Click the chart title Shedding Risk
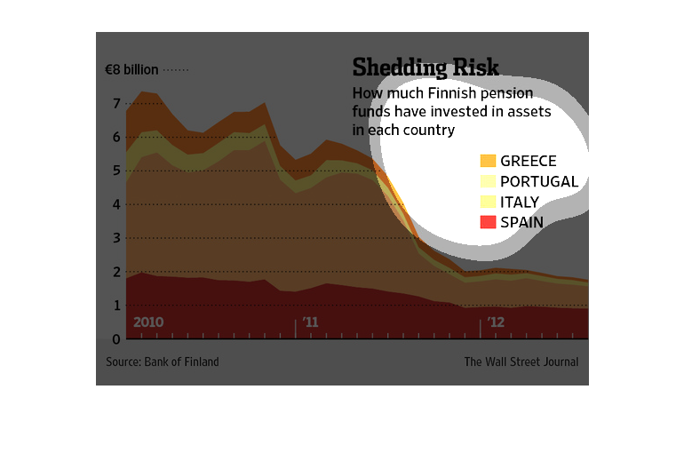point(426,68)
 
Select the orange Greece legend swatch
point(488,161)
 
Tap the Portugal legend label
point(539,181)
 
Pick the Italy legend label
point(520,202)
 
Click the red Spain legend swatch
point(488,222)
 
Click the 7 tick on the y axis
point(115,104)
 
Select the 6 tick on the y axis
point(115,138)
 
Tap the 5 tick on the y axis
point(115,171)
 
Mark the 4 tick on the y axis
point(115,204)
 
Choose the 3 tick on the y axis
point(115,238)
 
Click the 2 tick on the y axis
point(115,272)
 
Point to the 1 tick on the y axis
point(115,306)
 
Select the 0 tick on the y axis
point(115,338)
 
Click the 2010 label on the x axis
point(149,322)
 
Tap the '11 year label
point(309,322)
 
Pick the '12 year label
point(495,322)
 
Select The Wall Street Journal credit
point(521,362)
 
